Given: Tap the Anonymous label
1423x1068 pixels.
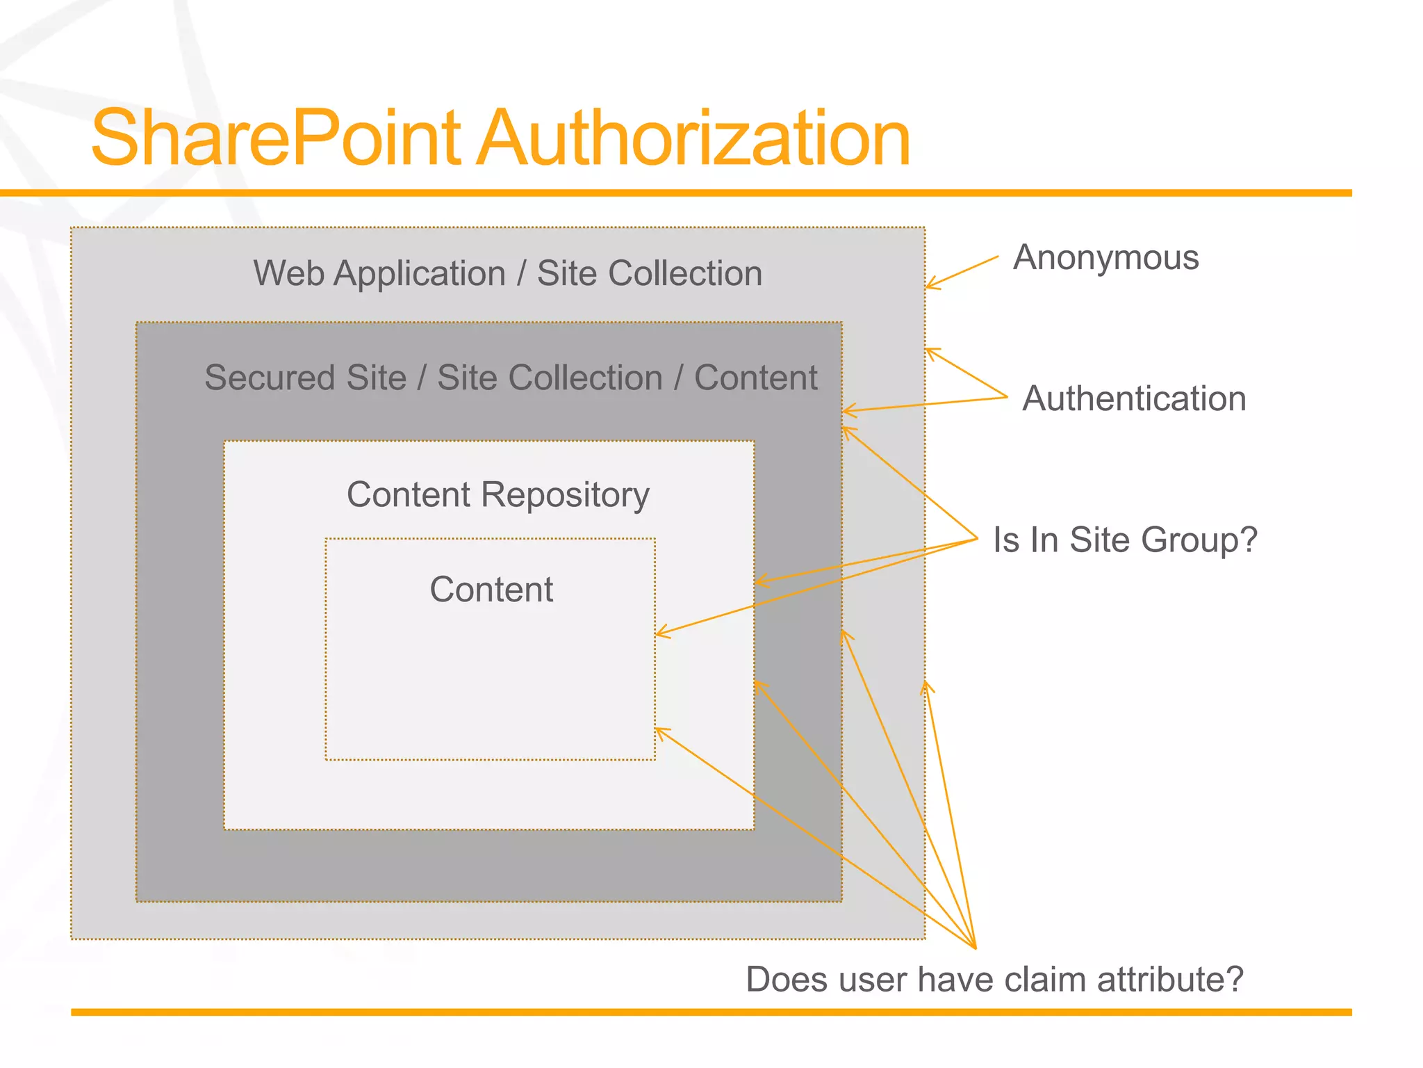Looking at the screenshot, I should [x=1105, y=258].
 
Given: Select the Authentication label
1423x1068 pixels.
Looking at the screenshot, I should [x=1134, y=399].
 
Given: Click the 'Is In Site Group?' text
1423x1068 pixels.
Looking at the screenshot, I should [x=1125, y=540].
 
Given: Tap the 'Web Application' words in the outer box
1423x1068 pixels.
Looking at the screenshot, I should [x=379, y=273].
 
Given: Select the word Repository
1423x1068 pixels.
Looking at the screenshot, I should [x=565, y=496].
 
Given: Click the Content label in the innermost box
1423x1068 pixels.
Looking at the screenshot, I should [x=491, y=590].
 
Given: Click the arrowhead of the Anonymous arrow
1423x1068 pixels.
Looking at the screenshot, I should [x=929, y=286].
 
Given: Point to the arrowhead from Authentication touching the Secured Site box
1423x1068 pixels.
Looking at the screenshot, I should [x=846, y=411].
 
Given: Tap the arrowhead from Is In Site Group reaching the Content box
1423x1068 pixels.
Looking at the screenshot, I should [x=659, y=633].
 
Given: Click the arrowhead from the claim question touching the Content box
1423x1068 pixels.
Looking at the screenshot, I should [x=659, y=730].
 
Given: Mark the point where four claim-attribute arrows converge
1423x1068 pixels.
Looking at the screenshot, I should [x=975, y=947].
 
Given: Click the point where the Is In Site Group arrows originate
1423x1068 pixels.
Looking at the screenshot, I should [x=977, y=538].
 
